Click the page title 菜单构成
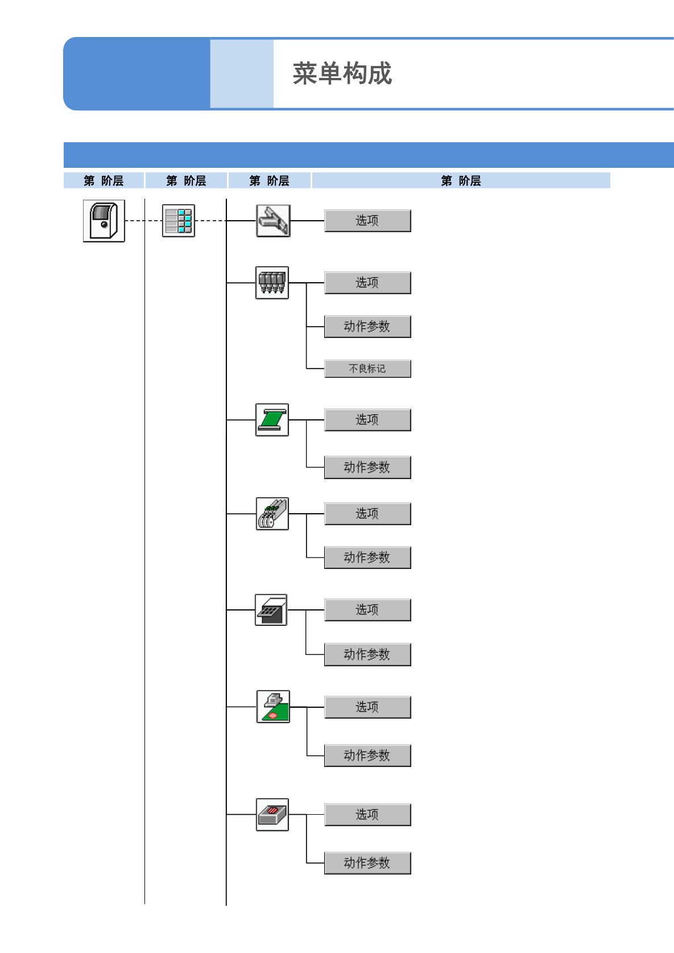[342, 74]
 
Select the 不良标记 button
[367, 369]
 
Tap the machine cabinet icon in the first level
[104, 221]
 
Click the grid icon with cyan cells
[179, 221]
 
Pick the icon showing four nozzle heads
[272, 283]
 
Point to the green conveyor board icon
[272, 420]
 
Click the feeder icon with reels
[272, 514]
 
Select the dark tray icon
[271, 610]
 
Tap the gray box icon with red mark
[272, 815]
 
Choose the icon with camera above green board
[273, 707]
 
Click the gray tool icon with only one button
[273, 221]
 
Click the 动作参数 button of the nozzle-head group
[367, 327]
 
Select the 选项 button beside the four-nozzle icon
[367, 283]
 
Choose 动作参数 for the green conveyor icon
[367, 467]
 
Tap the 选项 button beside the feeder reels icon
[367, 514]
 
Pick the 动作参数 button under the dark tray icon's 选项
[367, 654]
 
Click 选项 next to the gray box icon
[367, 815]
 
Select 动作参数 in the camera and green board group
[367, 756]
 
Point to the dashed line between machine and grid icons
[143, 221]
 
